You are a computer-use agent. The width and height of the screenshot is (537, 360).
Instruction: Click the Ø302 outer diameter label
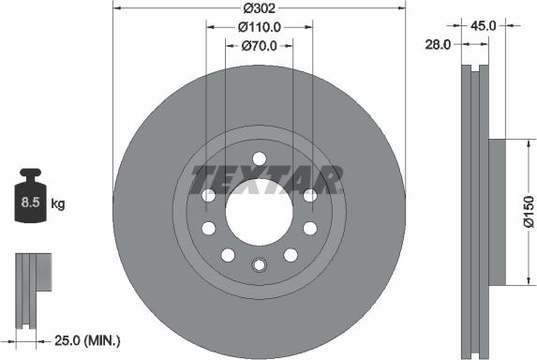click(x=259, y=7)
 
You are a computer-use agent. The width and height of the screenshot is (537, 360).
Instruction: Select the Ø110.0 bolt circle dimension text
click(x=259, y=26)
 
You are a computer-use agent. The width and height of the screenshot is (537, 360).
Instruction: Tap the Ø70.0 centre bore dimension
click(x=259, y=45)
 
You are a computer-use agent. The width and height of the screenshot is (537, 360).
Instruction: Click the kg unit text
click(x=58, y=202)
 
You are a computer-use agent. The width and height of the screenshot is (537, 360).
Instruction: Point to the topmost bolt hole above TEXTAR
click(x=259, y=157)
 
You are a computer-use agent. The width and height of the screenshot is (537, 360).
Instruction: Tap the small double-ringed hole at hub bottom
click(x=259, y=265)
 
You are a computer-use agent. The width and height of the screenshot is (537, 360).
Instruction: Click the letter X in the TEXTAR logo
click(x=265, y=177)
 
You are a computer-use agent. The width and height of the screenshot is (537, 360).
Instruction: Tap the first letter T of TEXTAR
click(x=201, y=177)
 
